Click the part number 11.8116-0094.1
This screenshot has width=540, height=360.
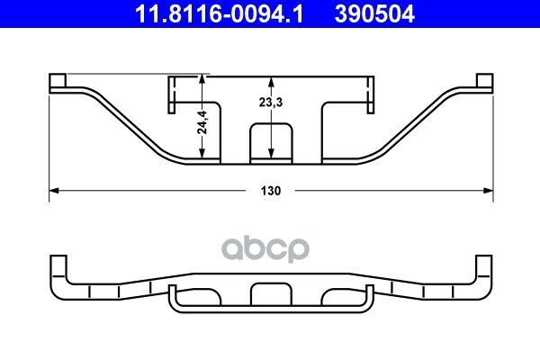219,13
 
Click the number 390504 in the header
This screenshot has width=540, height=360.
374,13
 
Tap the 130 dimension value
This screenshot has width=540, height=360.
271,191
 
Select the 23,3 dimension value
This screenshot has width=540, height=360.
271,103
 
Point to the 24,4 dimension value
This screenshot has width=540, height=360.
202,122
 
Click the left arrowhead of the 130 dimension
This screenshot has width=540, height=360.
54,191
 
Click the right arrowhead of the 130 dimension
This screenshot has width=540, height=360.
489,191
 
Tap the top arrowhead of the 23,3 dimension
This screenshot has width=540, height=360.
271,81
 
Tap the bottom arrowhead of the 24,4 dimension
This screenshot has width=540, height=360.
202,154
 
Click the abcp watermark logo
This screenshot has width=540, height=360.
265,248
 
